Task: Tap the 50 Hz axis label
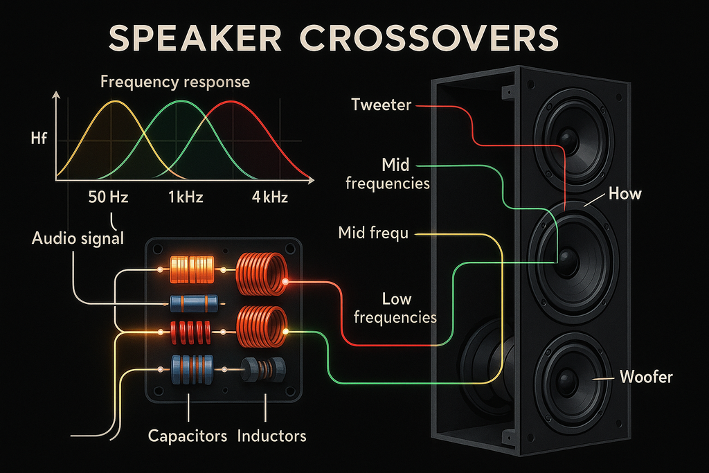point(109,197)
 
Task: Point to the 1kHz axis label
point(184,197)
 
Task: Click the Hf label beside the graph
point(40,140)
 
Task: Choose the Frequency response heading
point(175,82)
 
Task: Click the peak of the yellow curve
point(113,101)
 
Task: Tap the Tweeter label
point(381,105)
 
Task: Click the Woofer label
point(646,377)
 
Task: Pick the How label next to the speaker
point(625,194)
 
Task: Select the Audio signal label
point(78,239)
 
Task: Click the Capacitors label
point(188,436)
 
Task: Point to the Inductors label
point(271,436)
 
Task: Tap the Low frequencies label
point(396,308)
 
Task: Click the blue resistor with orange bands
point(194,303)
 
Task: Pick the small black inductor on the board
point(262,370)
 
